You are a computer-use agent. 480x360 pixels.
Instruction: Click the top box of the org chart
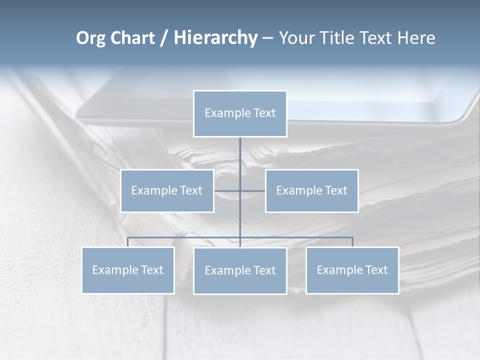[x=240, y=113]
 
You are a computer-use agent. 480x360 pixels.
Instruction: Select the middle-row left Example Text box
[x=167, y=190]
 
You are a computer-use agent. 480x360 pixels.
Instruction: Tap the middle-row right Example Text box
[x=311, y=190]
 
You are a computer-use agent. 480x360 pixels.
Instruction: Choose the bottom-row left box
[x=128, y=270]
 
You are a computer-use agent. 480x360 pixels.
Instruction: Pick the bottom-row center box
[x=240, y=270]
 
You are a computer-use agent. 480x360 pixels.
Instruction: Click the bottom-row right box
[x=352, y=270]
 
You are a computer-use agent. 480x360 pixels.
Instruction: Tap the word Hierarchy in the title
[x=215, y=38]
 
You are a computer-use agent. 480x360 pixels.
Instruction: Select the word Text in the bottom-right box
[x=376, y=270]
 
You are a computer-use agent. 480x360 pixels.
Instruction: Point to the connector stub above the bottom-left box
[x=128, y=242]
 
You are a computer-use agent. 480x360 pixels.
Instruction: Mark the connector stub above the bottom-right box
[x=352, y=242]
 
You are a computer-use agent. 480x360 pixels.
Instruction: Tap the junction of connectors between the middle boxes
[x=240, y=190]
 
